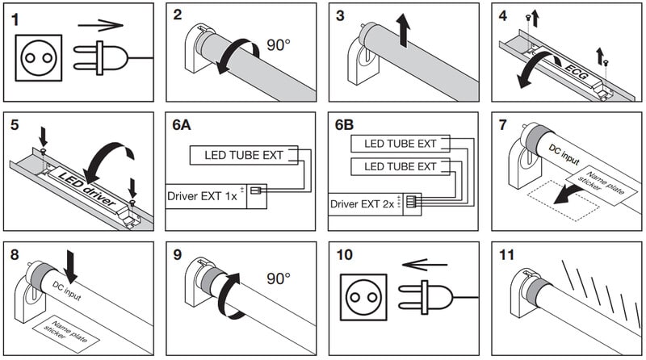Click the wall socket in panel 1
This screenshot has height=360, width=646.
(39, 56)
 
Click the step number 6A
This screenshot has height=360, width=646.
(184, 128)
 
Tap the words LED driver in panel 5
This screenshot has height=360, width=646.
(86, 187)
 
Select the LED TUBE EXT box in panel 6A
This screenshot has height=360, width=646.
(242, 155)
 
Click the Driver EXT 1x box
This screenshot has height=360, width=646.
(206, 196)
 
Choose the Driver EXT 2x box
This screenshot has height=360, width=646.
(363, 203)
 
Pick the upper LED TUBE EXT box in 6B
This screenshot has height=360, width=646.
(399, 144)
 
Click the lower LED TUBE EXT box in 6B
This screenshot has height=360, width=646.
(399, 167)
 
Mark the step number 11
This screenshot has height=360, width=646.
(506, 255)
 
